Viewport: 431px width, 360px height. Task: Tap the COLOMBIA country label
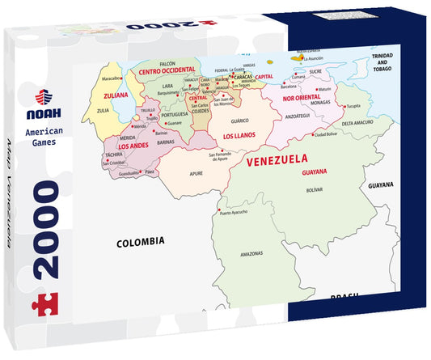tap(141, 241)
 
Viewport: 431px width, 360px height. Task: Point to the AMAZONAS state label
tap(252, 253)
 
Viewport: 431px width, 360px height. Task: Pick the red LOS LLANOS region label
tap(239, 135)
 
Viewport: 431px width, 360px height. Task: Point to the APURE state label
tap(196, 173)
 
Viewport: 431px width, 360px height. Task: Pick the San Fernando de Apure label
tap(225, 157)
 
